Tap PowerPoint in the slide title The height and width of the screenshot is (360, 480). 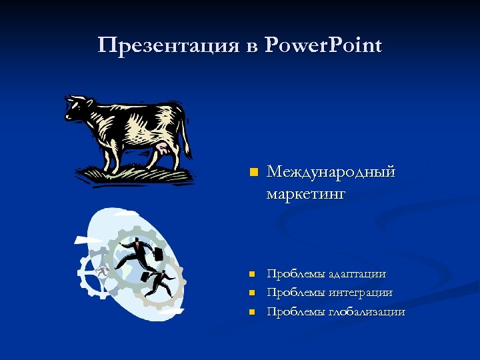(x=323, y=45)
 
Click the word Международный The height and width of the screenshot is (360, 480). (x=331, y=173)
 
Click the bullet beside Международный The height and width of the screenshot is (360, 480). (x=253, y=173)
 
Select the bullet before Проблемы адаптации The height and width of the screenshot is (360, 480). (x=251, y=273)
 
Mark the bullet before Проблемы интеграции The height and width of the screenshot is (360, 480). (x=251, y=292)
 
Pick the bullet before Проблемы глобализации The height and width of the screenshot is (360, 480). (x=251, y=311)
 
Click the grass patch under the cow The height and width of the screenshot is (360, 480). (x=133, y=174)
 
